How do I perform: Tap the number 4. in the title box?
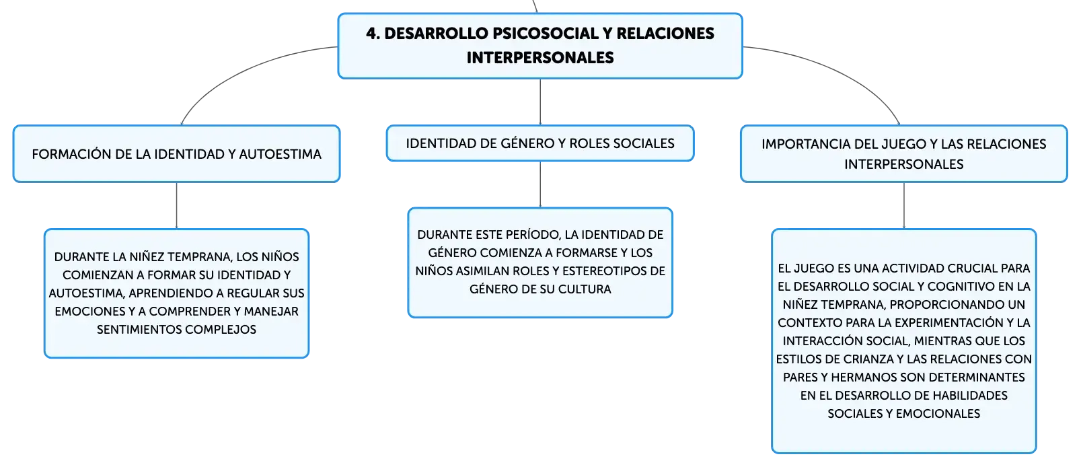[x=373, y=34]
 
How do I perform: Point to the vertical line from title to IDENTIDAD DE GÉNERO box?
[x=540, y=102]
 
